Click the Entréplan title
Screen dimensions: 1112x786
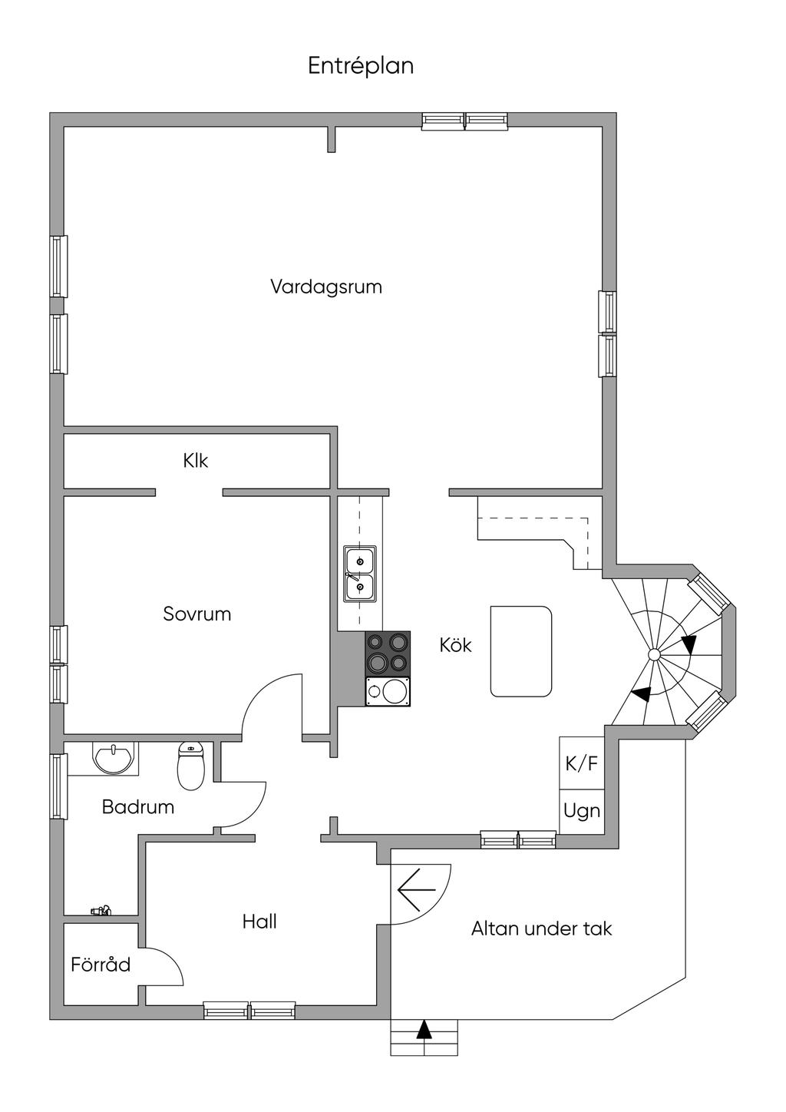pos(361,66)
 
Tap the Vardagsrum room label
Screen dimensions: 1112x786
pos(326,287)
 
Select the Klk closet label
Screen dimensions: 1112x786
pos(196,461)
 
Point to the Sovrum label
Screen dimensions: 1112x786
pos(197,614)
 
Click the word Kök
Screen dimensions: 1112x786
pos(455,645)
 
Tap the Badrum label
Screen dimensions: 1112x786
pos(138,807)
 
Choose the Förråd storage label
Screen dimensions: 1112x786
pos(101,965)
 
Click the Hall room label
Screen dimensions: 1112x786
pos(259,922)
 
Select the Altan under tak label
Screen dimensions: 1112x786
pos(541,929)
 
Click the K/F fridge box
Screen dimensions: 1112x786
pos(581,763)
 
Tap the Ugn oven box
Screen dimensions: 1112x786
pos(581,811)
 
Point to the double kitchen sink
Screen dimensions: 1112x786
pos(359,574)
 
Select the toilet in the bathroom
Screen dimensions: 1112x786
pos(190,766)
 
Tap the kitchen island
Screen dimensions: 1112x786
pos(521,651)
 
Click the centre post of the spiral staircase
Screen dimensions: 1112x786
pos(653,654)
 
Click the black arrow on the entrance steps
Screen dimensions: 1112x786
pos(424,1030)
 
